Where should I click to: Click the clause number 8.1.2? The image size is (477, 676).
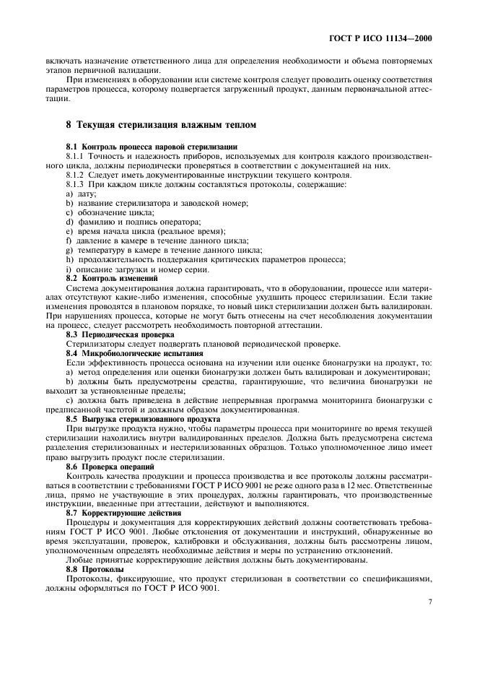click(76, 175)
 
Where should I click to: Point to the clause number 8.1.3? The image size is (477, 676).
click(76, 184)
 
